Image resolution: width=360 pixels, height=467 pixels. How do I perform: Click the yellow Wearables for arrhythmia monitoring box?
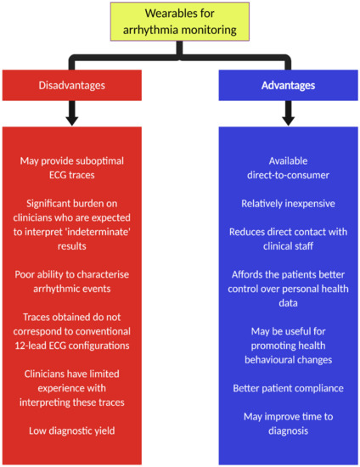point(179,21)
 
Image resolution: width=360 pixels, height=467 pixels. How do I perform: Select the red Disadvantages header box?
point(72,85)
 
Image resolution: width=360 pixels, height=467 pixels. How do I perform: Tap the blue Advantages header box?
point(288,85)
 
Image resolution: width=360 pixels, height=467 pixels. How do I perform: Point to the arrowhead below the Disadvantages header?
point(72,121)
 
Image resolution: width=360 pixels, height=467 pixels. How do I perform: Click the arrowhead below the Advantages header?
point(288,121)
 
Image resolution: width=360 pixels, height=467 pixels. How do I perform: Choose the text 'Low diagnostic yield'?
point(72,430)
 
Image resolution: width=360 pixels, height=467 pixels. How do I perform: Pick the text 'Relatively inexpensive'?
point(288,204)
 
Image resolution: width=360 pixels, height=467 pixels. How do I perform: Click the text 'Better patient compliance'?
point(288,388)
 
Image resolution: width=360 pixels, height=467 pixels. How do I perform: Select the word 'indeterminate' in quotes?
point(100,232)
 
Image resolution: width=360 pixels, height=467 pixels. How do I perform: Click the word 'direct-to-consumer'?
point(288,175)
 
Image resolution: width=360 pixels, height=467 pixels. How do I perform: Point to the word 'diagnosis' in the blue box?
point(288,431)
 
